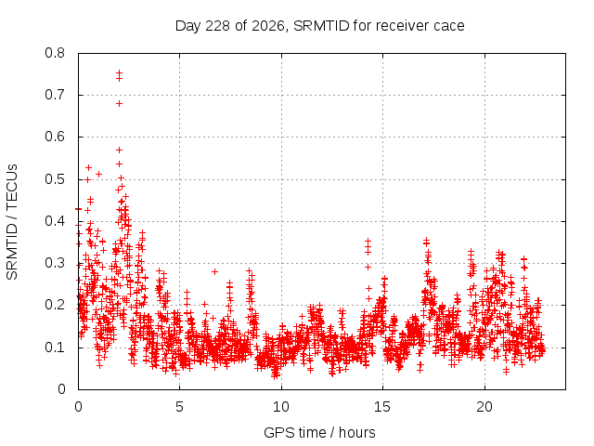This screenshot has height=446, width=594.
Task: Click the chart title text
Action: pos(319,26)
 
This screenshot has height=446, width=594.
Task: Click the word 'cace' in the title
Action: pos(449,27)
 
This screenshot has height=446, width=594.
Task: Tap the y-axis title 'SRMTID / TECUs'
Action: pos(12,222)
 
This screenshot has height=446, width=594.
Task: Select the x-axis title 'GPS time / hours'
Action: pos(319,432)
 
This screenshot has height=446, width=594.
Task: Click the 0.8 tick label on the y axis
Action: pos(55,53)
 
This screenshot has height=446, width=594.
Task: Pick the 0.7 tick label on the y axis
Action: pos(55,95)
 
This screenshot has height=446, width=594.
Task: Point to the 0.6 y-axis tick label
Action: pos(55,137)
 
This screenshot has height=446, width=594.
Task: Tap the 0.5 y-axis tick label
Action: pos(55,179)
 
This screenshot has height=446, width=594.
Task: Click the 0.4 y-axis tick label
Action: pos(55,221)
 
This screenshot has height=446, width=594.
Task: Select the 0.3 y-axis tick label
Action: pos(55,263)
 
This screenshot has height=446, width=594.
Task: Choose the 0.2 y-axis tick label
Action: pos(55,305)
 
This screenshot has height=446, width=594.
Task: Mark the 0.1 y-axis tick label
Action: pos(55,348)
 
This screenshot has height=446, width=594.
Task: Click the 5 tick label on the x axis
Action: pos(179,407)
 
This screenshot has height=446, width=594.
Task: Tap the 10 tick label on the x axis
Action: pos(281,407)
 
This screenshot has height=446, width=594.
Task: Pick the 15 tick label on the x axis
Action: pos(382,407)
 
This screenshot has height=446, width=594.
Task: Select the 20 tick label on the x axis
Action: pos(484,407)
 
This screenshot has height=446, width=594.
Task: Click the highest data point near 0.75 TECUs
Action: pos(120,72)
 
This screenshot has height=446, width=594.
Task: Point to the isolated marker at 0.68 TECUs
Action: pos(120,103)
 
